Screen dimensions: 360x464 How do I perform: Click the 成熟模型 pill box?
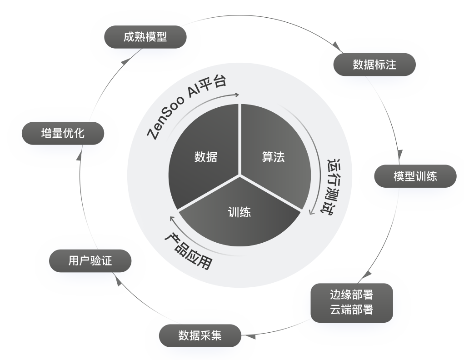click(145, 37)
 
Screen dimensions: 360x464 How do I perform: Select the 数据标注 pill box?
click(374, 64)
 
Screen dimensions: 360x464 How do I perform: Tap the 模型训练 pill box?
click(415, 176)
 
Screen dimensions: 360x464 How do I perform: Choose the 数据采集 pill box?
click(200, 336)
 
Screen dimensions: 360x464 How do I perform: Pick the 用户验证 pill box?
click(90, 260)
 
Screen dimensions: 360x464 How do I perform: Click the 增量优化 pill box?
click(63, 133)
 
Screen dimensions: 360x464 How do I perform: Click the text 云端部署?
click(351, 310)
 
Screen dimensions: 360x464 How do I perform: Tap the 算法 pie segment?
click(274, 157)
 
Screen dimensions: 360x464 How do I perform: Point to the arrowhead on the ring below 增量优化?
click(79, 157)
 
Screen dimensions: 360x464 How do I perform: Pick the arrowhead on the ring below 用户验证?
click(119, 281)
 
